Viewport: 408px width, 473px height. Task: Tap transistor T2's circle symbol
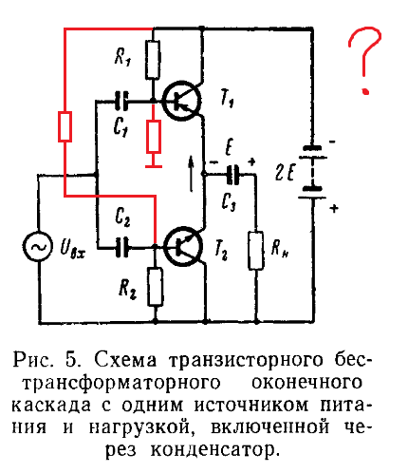(x=183, y=246)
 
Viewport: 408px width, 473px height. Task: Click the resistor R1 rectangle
(x=153, y=59)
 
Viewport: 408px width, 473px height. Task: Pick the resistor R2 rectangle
(x=156, y=287)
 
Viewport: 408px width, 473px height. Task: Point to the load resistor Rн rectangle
(x=256, y=251)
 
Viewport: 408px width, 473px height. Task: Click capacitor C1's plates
(x=121, y=101)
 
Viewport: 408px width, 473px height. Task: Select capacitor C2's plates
(x=121, y=247)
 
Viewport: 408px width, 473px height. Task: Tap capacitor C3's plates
(x=233, y=174)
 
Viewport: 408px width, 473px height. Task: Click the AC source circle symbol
(x=38, y=247)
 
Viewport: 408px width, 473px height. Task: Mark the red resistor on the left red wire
(x=65, y=126)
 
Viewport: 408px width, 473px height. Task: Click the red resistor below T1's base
(x=154, y=137)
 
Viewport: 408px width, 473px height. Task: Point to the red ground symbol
(x=154, y=163)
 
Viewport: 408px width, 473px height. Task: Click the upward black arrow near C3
(x=191, y=174)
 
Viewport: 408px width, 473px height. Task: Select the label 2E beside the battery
(x=286, y=173)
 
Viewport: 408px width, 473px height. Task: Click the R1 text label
(x=123, y=57)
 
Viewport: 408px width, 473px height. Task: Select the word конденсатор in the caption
(x=214, y=450)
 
